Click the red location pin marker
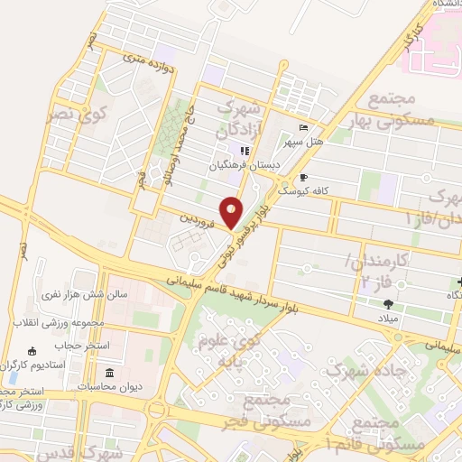(x=232, y=212)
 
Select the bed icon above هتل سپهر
(x=303, y=127)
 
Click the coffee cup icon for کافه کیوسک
(x=303, y=178)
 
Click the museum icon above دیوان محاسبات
(x=109, y=373)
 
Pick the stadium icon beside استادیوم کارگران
(x=33, y=351)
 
